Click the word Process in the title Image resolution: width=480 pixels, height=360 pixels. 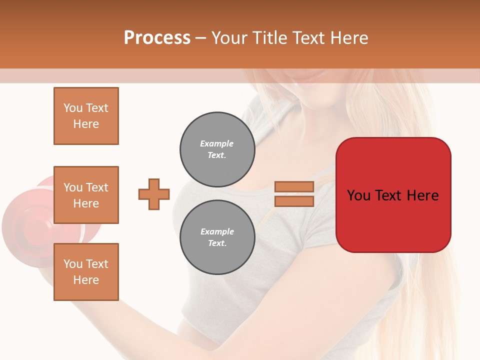[x=157, y=37]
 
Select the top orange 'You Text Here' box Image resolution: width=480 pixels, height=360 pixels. [x=86, y=116]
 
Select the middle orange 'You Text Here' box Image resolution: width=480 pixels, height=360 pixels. [x=86, y=195]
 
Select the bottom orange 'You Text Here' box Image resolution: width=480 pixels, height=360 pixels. [x=86, y=271]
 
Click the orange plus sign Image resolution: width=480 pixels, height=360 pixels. [x=154, y=194]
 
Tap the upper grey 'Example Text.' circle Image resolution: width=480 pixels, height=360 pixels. [x=217, y=149]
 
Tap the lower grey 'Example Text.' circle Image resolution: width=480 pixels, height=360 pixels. [x=217, y=237]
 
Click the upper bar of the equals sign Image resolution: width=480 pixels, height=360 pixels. [x=294, y=186]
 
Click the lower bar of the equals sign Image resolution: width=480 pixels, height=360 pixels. [x=294, y=201]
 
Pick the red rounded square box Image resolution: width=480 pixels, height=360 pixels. [x=393, y=220]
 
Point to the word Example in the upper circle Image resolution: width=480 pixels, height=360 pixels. [x=216, y=143]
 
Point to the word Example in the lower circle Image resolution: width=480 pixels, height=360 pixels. [x=217, y=231]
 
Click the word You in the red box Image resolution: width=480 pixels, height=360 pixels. [x=359, y=195]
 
